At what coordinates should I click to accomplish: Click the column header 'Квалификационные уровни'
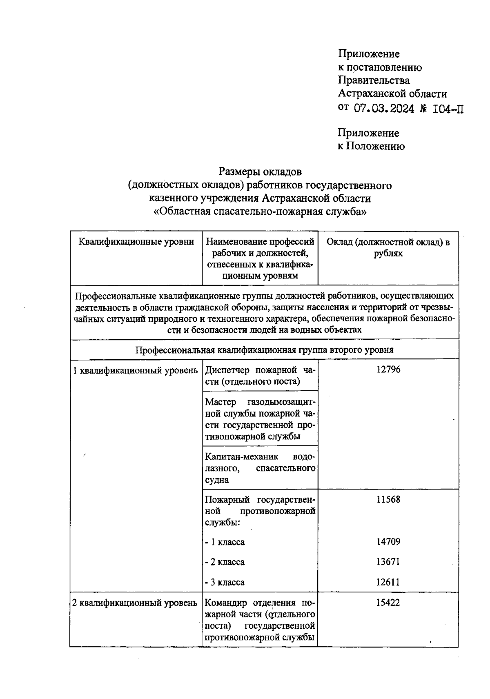click(136, 242)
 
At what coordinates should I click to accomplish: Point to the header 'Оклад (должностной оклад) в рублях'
click(388, 247)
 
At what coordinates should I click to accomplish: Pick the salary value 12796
click(388, 370)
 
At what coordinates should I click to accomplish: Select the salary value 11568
click(388, 499)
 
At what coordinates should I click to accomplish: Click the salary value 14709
click(388, 542)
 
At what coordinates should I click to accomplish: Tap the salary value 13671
click(388, 562)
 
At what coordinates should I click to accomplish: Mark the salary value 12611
click(388, 582)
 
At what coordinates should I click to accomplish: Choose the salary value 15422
click(388, 603)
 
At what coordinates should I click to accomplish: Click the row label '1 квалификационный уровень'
click(135, 370)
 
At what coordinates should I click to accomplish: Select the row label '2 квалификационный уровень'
click(135, 603)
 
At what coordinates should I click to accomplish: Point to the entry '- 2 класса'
click(225, 562)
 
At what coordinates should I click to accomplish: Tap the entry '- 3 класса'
click(225, 582)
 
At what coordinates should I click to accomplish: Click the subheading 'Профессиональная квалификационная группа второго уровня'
click(264, 350)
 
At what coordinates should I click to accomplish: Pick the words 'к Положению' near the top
click(371, 146)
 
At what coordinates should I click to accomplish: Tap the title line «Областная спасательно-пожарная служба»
click(260, 212)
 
